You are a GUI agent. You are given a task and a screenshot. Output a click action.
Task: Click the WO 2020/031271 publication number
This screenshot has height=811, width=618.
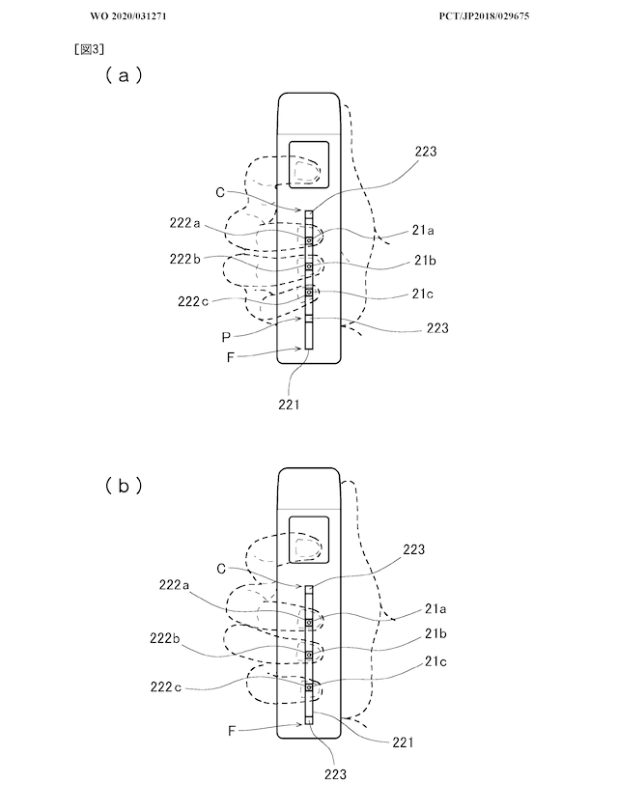(x=128, y=16)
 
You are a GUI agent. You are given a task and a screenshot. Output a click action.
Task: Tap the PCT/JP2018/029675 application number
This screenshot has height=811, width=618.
(x=484, y=16)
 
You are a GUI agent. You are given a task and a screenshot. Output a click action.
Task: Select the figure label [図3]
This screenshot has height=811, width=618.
(x=90, y=49)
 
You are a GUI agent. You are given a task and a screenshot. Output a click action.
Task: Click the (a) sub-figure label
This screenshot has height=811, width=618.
(x=124, y=75)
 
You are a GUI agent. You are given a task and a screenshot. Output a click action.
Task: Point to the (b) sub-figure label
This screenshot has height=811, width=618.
(x=124, y=486)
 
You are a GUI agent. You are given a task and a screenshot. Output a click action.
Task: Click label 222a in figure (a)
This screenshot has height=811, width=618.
(x=184, y=223)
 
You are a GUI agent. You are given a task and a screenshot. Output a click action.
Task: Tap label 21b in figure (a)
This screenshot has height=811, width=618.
(x=425, y=260)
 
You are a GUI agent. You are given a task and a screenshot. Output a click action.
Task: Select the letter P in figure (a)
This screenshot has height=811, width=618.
(x=226, y=338)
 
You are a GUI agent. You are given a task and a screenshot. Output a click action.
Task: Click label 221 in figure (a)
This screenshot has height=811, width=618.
(x=289, y=405)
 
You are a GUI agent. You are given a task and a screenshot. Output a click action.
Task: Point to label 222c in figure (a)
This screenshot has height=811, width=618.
(x=193, y=301)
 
